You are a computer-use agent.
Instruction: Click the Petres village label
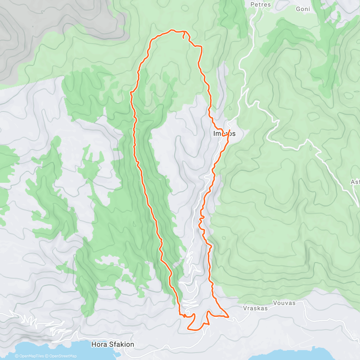(x=260, y=4)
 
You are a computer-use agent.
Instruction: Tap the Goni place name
(x=303, y=9)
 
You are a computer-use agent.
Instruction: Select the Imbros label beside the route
(x=224, y=133)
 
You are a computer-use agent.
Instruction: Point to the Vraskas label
(x=255, y=308)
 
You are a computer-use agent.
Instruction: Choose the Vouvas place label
(x=284, y=303)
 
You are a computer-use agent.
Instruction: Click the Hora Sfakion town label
(x=112, y=344)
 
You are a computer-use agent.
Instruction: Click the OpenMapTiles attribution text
(x=29, y=356)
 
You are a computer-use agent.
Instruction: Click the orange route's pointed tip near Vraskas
(x=228, y=316)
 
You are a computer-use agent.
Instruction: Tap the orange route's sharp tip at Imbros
(x=229, y=130)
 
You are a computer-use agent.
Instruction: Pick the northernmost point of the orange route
(x=172, y=30)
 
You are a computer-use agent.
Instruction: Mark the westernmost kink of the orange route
(x=130, y=93)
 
